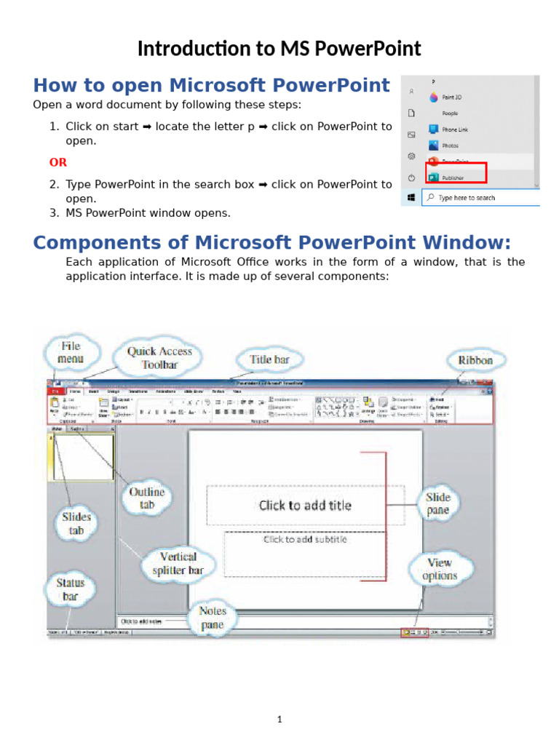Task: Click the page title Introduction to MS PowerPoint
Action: click(279, 49)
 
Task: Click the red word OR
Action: click(58, 162)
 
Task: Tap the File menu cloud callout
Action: click(71, 352)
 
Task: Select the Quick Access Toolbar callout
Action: click(159, 358)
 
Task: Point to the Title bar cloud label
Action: click(270, 359)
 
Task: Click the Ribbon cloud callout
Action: click(475, 360)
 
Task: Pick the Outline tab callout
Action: click(147, 498)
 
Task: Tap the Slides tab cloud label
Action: click(76, 523)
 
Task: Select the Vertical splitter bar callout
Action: click(178, 564)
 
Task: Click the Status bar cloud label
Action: click(70, 589)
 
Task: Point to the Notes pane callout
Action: click(213, 618)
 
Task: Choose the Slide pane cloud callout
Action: click(438, 503)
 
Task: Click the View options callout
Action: click(440, 569)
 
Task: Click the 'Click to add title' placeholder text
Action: click(305, 505)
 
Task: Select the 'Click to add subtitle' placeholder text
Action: click(305, 540)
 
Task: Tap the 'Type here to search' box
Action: click(480, 197)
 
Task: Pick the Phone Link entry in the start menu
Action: click(454, 130)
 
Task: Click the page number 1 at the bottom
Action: click(279, 720)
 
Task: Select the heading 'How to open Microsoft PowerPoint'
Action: click(212, 85)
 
